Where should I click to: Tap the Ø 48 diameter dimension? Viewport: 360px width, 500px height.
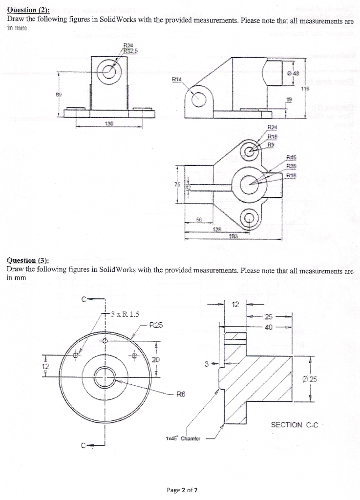[x=295, y=74]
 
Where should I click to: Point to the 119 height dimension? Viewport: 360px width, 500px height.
[x=306, y=89]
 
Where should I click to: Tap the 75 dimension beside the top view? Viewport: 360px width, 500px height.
[x=177, y=185]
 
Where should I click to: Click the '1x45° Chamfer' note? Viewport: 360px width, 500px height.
[x=184, y=438]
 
